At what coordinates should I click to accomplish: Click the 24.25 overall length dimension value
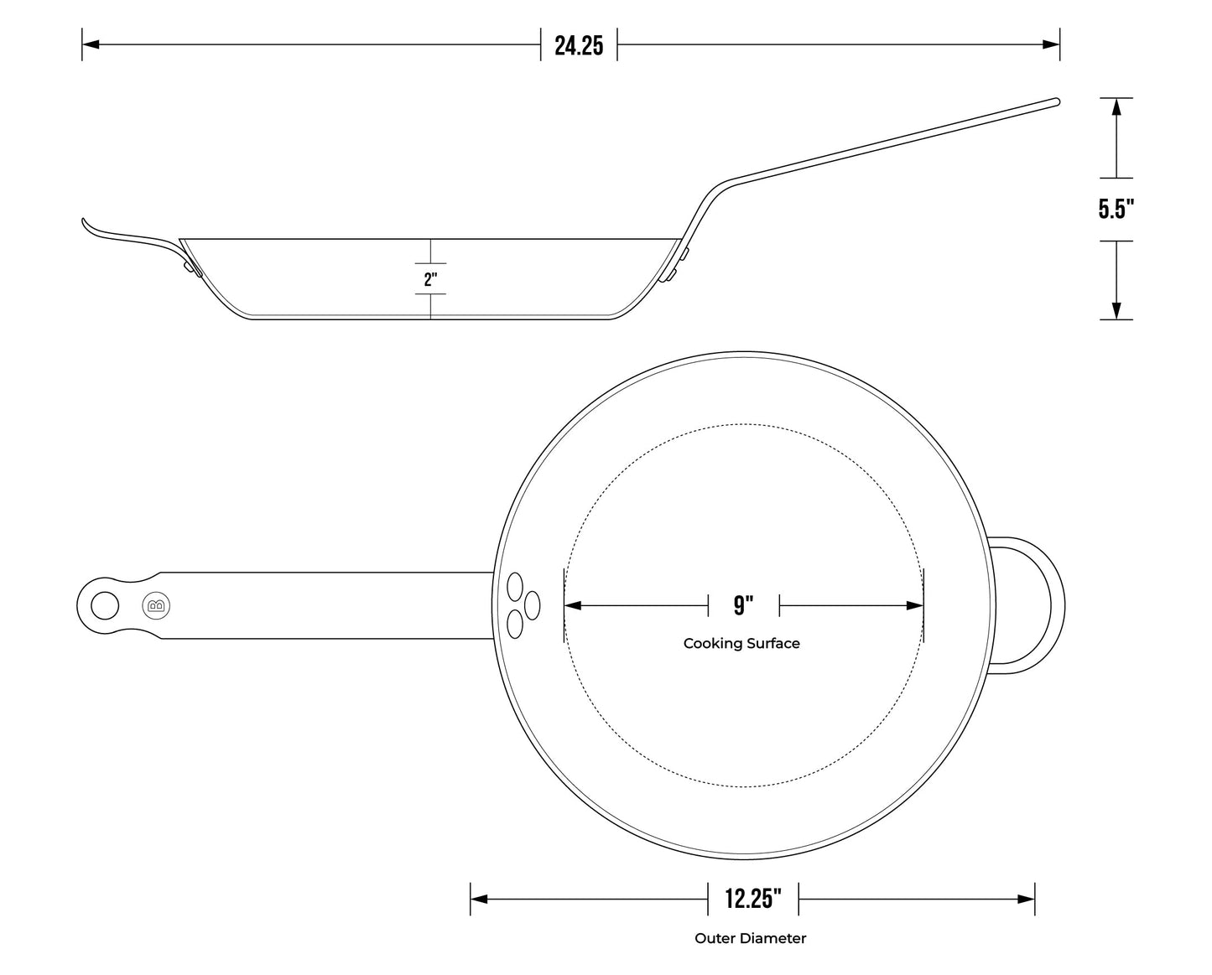click(579, 45)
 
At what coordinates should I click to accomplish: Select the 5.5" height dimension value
click(1116, 210)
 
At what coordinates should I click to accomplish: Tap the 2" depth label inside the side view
click(430, 279)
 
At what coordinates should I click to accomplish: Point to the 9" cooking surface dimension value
click(743, 605)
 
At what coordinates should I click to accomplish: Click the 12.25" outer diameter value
click(753, 900)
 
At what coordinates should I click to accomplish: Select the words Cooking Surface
click(741, 644)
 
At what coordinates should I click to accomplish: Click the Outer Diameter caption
click(750, 938)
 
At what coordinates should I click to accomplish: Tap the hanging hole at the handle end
click(105, 605)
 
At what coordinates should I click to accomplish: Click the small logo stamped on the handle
click(156, 605)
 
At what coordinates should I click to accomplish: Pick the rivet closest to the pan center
click(531, 604)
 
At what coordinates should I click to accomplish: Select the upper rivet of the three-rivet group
click(515, 585)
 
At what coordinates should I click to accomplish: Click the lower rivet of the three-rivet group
click(515, 625)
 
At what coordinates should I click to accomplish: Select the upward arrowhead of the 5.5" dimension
click(1116, 106)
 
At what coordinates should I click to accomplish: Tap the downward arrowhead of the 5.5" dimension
click(1116, 311)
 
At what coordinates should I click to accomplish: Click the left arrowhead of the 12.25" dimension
click(479, 900)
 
